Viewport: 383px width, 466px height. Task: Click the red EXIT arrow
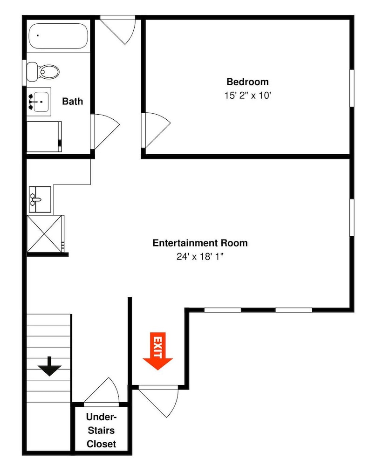[158, 351]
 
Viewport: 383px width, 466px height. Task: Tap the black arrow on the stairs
[49, 366]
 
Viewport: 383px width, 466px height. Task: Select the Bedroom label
[247, 82]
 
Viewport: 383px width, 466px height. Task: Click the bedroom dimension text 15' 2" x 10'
[248, 96]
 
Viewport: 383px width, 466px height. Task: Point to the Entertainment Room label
[200, 243]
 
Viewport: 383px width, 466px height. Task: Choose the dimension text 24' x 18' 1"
[200, 256]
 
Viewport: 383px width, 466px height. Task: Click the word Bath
[73, 101]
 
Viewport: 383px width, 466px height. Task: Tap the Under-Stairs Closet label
[101, 430]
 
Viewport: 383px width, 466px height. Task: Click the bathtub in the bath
[59, 36]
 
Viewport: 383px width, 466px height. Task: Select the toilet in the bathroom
[43, 72]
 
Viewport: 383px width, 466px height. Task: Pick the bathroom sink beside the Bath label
[39, 102]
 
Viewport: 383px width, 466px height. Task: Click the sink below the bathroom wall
[40, 199]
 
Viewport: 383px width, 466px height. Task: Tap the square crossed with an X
[45, 234]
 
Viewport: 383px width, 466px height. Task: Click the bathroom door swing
[105, 131]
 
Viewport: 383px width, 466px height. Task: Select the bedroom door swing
[156, 130]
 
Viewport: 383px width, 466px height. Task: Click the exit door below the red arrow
[159, 401]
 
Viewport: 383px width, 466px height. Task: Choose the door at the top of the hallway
[118, 30]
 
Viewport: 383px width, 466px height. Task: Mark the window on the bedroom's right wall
[352, 88]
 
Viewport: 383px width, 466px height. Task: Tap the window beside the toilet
[24, 73]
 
